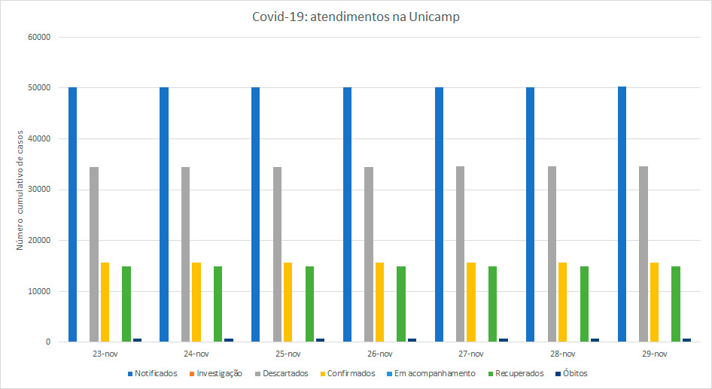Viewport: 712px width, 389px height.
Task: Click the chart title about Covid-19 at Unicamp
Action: coord(356,17)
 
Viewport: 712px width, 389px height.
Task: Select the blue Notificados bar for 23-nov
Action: coord(72,214)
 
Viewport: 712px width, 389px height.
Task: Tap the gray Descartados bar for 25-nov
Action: coord(277,254)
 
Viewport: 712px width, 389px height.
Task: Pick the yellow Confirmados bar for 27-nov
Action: coord(471,302)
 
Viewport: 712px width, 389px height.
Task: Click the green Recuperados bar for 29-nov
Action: coord(676,304)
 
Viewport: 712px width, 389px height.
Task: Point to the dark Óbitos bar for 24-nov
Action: coord(229,340)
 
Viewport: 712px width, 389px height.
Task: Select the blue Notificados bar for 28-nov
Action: coord(531,214)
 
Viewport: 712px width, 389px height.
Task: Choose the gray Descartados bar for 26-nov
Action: coord(369,254)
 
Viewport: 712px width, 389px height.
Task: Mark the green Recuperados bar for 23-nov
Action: coord(126,304)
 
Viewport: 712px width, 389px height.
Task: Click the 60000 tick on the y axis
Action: coord(38,37)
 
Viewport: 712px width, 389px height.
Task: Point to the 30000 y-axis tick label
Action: coord(38,190)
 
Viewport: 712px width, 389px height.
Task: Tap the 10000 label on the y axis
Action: coord(38,291)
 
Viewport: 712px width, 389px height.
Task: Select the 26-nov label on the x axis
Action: coord(380,354)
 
